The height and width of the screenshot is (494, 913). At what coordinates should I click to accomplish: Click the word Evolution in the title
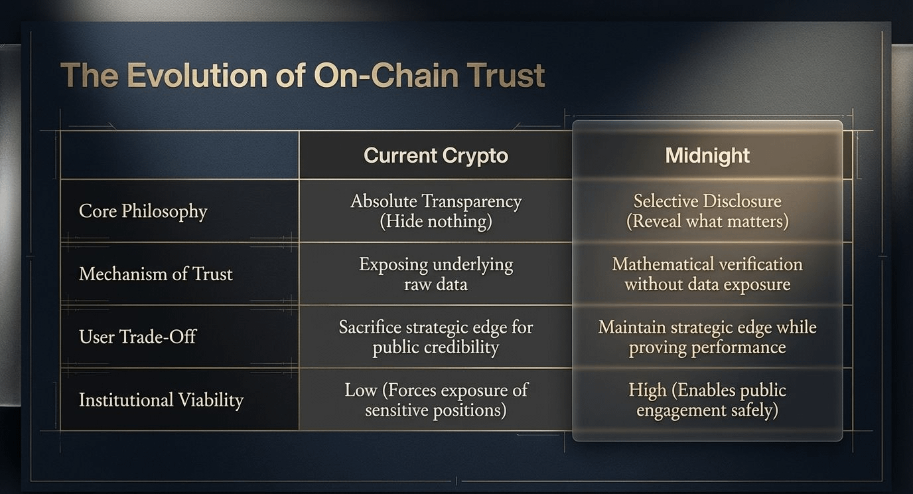(x=197, y=76)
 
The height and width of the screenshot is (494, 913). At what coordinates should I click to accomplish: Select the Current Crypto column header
(x=436, y=155)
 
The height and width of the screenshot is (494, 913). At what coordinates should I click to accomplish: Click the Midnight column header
(x=707, y=155)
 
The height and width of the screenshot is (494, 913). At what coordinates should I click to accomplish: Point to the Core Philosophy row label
(x=143, y=211)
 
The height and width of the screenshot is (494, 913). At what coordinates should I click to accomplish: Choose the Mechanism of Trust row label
(x=156, y=274)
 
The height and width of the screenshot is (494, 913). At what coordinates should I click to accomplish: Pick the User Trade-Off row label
(x=137, y=337)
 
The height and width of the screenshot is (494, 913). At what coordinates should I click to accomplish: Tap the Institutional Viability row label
(x=161, y=400)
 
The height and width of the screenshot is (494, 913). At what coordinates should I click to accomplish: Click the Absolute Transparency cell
(x=436, y=211)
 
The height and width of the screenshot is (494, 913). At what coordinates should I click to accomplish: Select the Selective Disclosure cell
(x=707, y=211)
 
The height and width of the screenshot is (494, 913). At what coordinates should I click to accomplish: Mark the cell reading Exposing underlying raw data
(x=436, y=274)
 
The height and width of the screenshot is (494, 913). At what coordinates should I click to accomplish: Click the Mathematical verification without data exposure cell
(x=707, y=274)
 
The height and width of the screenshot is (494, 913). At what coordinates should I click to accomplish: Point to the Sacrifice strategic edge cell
(x=436, y=337)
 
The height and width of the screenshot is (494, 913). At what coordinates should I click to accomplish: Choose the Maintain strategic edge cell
(x=707, y=337)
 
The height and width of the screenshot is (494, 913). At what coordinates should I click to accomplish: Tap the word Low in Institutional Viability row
(x=361, y=390)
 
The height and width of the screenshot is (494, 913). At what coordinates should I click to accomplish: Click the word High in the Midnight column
(x=647, y=390)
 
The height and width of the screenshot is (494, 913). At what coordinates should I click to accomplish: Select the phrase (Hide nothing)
(x=436, y=222)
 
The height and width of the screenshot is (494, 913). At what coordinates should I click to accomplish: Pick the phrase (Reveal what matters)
(x=707, y=222)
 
